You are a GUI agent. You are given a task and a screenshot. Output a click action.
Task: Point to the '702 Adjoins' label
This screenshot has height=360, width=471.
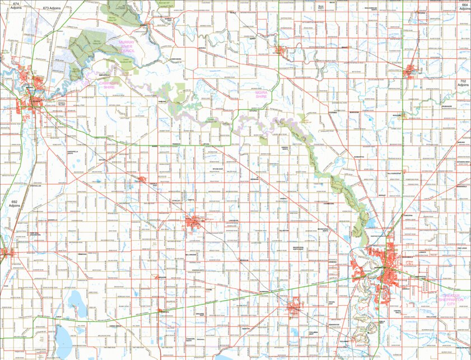463,85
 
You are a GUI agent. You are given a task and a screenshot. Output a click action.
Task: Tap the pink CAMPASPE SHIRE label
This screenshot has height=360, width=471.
110,85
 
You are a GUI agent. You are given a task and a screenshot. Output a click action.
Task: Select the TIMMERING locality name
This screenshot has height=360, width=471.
82,253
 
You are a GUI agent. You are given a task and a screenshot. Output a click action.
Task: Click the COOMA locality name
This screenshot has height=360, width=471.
208,289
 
